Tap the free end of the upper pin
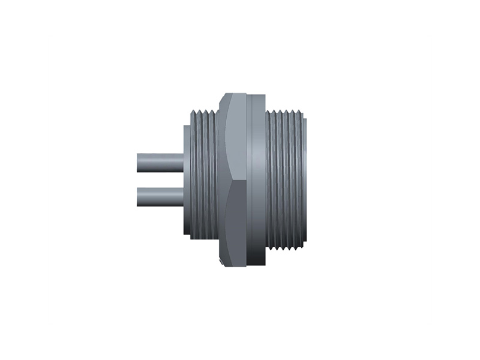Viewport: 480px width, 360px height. click(139, 163)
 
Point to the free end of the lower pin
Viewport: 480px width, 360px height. click(139, 197)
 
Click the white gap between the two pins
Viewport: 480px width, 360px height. click(160, 179)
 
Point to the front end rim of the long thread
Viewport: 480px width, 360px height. click(307, 180)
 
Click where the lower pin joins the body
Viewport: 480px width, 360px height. click(183, 197)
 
